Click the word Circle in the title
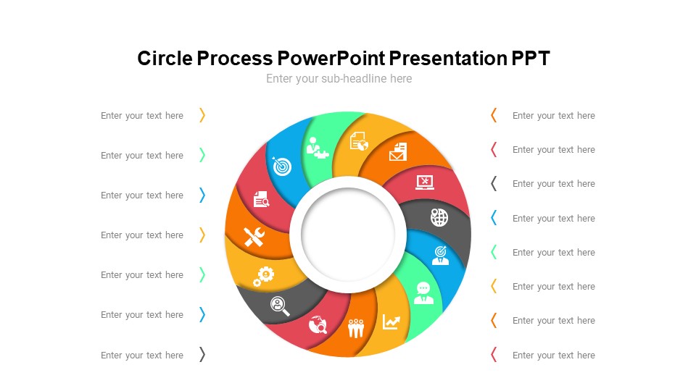165,59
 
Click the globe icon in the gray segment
439,217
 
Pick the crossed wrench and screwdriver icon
254,237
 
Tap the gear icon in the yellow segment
264,275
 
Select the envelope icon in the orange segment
398,152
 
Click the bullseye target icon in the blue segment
281,166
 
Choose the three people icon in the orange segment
355,328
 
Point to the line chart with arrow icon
391,321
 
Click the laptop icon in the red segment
425,182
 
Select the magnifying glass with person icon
280,306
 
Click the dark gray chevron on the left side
202,355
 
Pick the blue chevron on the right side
494,218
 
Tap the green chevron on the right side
494,252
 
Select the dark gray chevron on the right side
494,183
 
